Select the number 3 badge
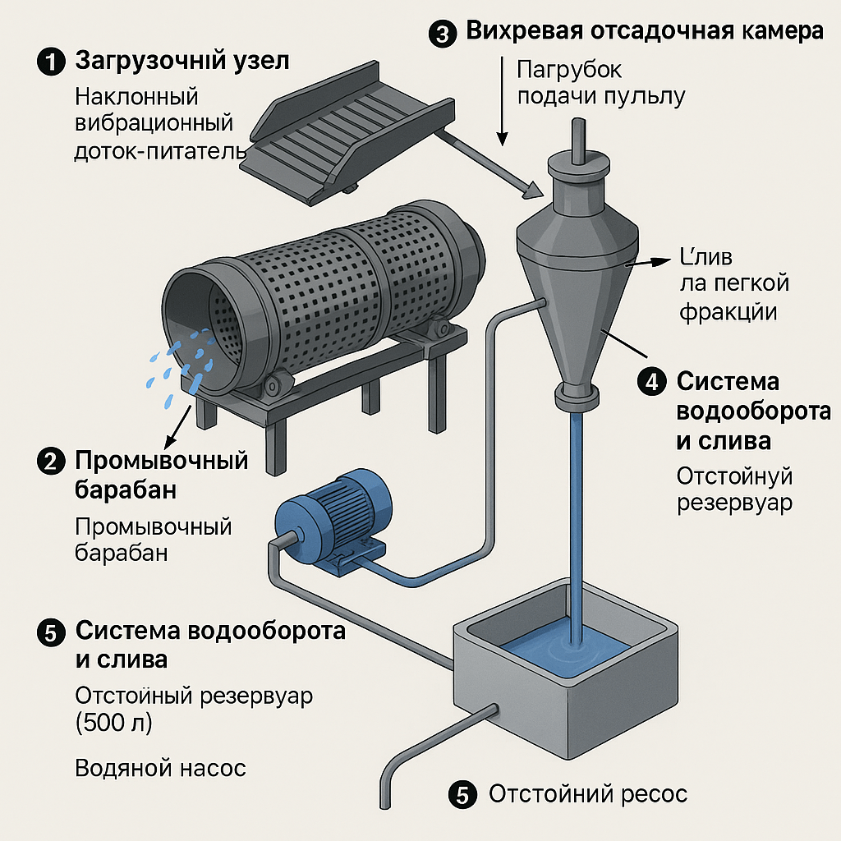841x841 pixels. (442, 34)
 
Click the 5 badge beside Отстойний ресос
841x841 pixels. (462, 795)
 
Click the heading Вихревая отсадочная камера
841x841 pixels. (645, 32)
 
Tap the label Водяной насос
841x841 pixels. (160, 769)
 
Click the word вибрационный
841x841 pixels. (154, 124)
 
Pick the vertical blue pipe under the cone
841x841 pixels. (576, 509)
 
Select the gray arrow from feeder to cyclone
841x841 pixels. (485, 165)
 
